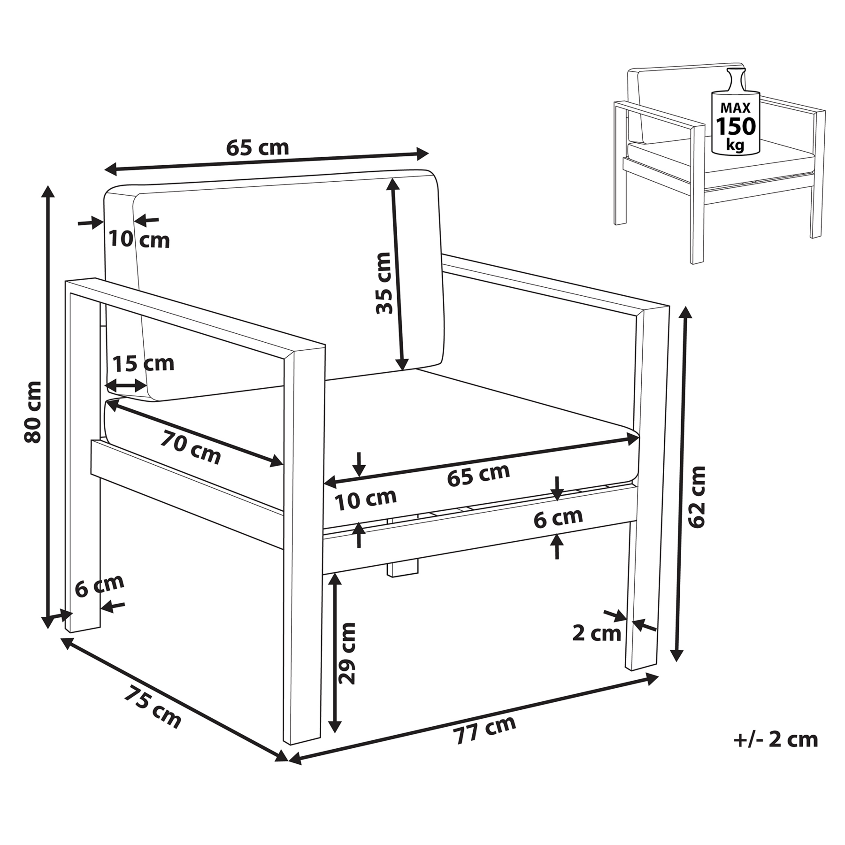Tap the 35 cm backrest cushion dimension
[384, 283]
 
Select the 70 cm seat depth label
[191, 448]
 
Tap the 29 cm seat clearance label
[347, 653]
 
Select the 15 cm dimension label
[143, 363]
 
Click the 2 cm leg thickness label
[597, 633]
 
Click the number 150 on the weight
[736, 126]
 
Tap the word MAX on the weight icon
[736, 108]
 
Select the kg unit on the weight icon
[735, 146]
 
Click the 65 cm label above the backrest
[257, 148]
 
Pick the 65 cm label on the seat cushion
[478, 475]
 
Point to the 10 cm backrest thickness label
[139, 239]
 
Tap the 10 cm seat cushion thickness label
[366, 499]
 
